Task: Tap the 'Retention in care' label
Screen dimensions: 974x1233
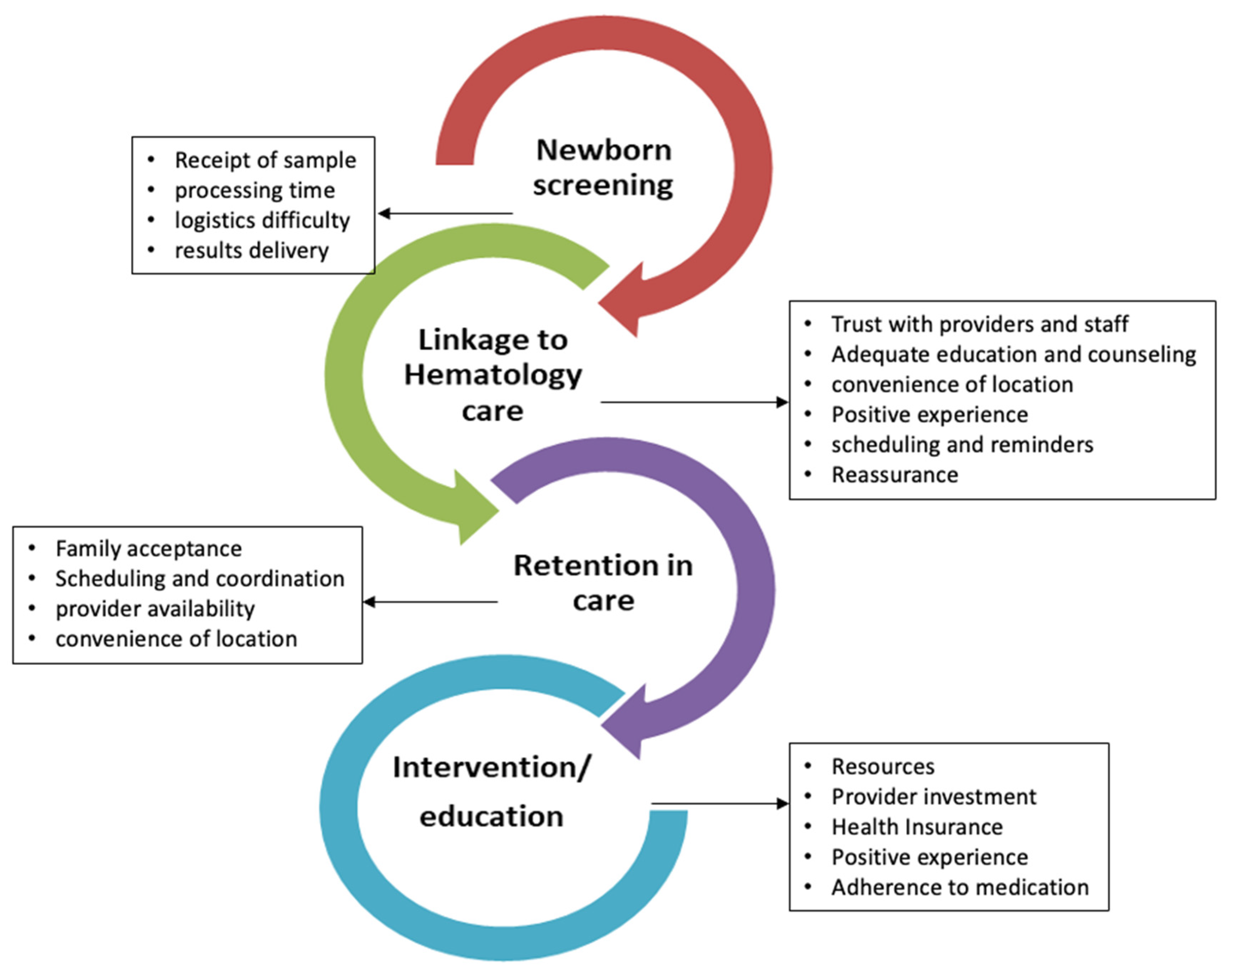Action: coord(603,582)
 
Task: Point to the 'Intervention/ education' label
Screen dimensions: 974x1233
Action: coord(491,791)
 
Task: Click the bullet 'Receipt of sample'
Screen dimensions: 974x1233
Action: coord(265,160)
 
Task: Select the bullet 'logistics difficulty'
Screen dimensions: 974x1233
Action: coord(262,220)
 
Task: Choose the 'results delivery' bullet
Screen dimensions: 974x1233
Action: coord(252,250)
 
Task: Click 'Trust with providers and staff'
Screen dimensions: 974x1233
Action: coord(979,324)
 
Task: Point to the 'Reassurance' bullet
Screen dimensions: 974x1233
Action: coord(894,474)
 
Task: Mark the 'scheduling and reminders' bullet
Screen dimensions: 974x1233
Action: coord(962,444)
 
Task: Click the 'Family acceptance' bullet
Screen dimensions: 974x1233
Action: coord(148,549)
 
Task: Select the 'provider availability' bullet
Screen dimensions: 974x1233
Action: coord(155,608)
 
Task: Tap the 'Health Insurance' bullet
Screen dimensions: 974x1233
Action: coord(917,827)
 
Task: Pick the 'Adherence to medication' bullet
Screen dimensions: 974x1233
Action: coord(960,887)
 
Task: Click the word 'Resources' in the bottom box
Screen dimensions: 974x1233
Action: coord(883,766)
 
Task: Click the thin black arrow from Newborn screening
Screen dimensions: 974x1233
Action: coord(445,214)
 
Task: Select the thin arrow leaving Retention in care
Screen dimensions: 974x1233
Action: coord(430,602)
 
